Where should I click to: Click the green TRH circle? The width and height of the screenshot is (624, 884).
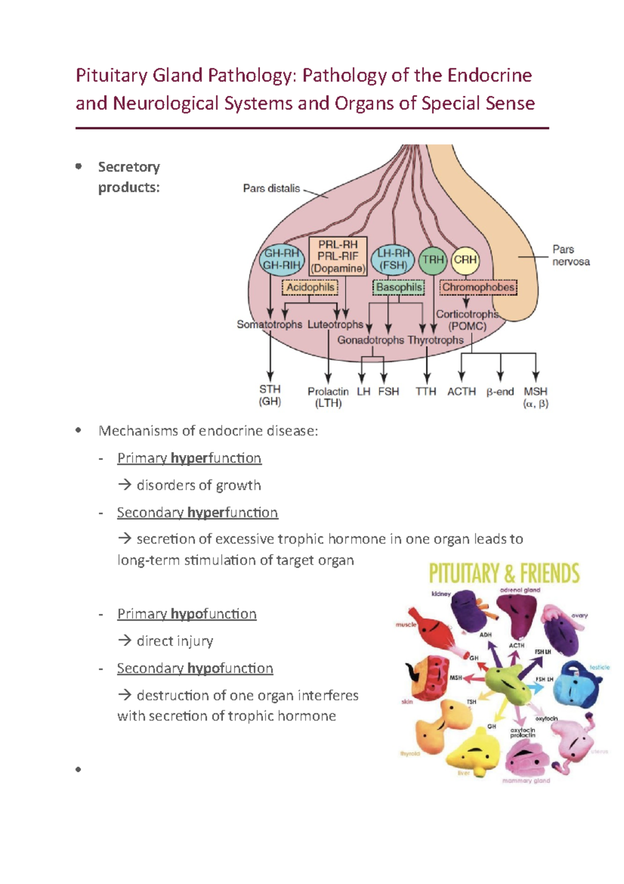433,260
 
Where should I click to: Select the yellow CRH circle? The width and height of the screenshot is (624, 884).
465,260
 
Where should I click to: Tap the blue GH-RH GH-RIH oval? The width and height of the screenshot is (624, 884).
281,260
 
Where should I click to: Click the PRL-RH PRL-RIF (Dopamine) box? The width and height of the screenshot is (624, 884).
338,257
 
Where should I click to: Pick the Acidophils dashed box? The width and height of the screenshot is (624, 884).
310,287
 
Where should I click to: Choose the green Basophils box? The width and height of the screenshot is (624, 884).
399,287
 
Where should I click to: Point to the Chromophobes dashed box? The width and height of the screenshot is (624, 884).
478,287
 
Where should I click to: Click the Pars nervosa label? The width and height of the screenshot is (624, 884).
570,256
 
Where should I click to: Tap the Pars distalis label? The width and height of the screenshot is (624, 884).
271,188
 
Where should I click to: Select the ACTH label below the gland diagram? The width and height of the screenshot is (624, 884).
461,392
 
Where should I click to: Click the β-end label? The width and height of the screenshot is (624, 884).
500,392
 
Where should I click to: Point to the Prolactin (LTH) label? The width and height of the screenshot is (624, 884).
328,397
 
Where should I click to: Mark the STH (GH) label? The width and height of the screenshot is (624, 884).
270,395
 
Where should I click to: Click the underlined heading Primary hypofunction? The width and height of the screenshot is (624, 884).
187,614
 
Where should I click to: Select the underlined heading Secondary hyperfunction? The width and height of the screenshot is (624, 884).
197,513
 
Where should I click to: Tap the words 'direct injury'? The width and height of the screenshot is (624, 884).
175,641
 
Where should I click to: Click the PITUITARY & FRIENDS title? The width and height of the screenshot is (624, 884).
504,573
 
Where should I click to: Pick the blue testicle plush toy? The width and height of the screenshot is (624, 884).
578,684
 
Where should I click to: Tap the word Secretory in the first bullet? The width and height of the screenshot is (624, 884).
129,167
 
